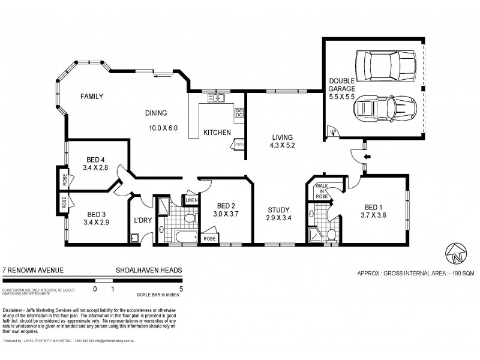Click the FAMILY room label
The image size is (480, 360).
[92, 96]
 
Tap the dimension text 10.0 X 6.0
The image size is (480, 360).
[163, 128]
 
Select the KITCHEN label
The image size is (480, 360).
[217, 133]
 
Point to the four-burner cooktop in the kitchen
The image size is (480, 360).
[239, 112]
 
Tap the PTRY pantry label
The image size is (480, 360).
[239, 145]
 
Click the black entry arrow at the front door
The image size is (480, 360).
[367, 157]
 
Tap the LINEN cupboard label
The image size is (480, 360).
[191, 200]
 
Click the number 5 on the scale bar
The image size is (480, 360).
[181, 289]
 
